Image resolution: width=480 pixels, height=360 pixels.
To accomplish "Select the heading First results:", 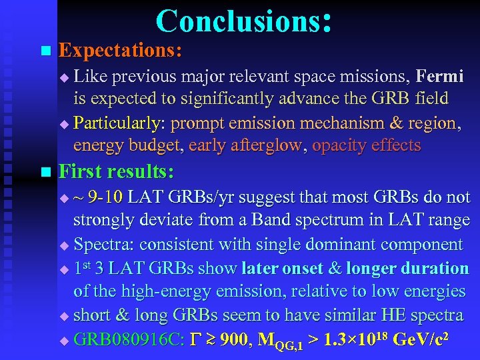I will tap(117, 173).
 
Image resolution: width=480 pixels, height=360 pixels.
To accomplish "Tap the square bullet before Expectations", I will tap(45, 51).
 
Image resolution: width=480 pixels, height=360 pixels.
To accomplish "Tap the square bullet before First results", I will tap(45, 173).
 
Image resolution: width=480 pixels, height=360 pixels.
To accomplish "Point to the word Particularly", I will tap(120, 123).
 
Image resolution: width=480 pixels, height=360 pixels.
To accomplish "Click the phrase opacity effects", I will tap(367, 145).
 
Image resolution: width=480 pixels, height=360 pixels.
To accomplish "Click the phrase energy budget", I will tap(126, 145).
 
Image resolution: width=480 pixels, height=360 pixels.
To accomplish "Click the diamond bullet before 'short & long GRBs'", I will tap(64, 315).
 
